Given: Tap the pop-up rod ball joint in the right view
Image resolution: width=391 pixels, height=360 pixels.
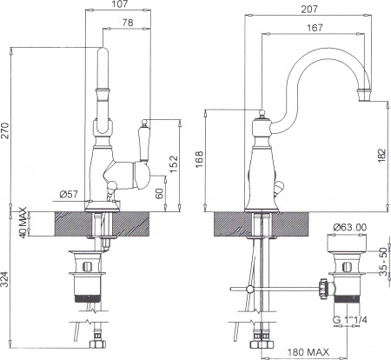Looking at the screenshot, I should coord(251,289).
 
